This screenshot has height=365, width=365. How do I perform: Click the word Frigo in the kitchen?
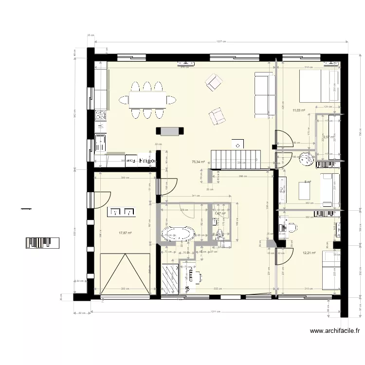point(146,160)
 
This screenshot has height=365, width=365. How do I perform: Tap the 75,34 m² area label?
point(198,162)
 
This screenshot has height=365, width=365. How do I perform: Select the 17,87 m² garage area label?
point(126,233)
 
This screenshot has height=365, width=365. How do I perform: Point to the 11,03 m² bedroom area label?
point(298,110)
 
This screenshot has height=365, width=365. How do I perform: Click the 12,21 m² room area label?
point(309,253)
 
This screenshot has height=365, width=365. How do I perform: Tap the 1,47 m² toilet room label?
point(220,213)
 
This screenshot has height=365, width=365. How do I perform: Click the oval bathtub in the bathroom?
point(178,233)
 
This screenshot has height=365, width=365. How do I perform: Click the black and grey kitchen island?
point(170,130)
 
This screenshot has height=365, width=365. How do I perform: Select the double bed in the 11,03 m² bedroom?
point(318,86)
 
